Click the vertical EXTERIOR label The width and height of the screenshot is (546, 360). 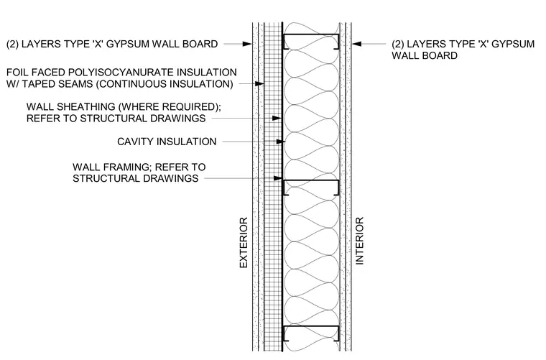click(244, 242)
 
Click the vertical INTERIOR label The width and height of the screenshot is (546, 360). click(359, 241)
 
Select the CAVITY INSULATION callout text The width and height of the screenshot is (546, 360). click(167, 142)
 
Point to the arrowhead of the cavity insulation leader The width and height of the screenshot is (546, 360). click(281, 142)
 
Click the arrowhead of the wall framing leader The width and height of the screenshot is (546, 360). click(277, 178)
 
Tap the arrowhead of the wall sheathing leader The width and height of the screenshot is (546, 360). click(277, 119)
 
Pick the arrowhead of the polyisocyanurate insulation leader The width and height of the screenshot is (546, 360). click(259, 84)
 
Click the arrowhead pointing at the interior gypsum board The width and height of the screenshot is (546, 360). click(356, 44)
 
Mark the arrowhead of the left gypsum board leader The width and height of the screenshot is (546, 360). click(247, 44)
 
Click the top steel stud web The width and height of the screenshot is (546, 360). click(311, 34)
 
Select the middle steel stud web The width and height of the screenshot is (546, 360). click(311, 180)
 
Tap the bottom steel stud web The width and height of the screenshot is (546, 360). click(311, 326)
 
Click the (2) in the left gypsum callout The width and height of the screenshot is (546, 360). click(12, 45)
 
